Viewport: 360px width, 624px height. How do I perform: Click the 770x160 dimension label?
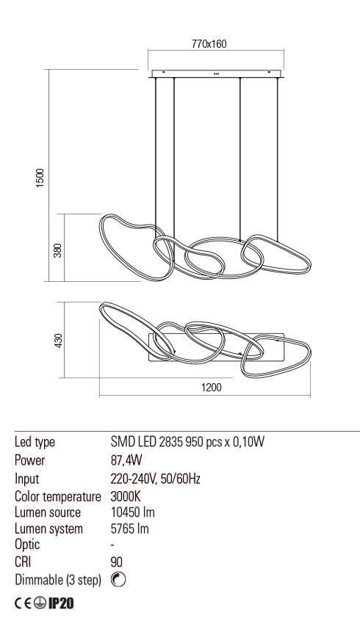click(209, 44)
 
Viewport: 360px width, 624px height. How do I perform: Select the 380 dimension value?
click(58, 250)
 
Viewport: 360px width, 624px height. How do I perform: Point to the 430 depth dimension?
click(58, 341)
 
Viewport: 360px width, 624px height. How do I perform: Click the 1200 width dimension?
click(212, 388)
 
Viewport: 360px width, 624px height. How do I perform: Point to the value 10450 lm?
click(132, 512)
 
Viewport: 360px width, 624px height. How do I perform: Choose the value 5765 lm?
click(129, 528)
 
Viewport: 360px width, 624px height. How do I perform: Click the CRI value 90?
click(116, 562)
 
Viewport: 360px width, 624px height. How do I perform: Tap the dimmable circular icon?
click(118, 579)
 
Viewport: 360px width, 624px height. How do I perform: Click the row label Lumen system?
click(48, 528)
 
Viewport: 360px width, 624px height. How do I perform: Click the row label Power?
click(29, 461)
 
